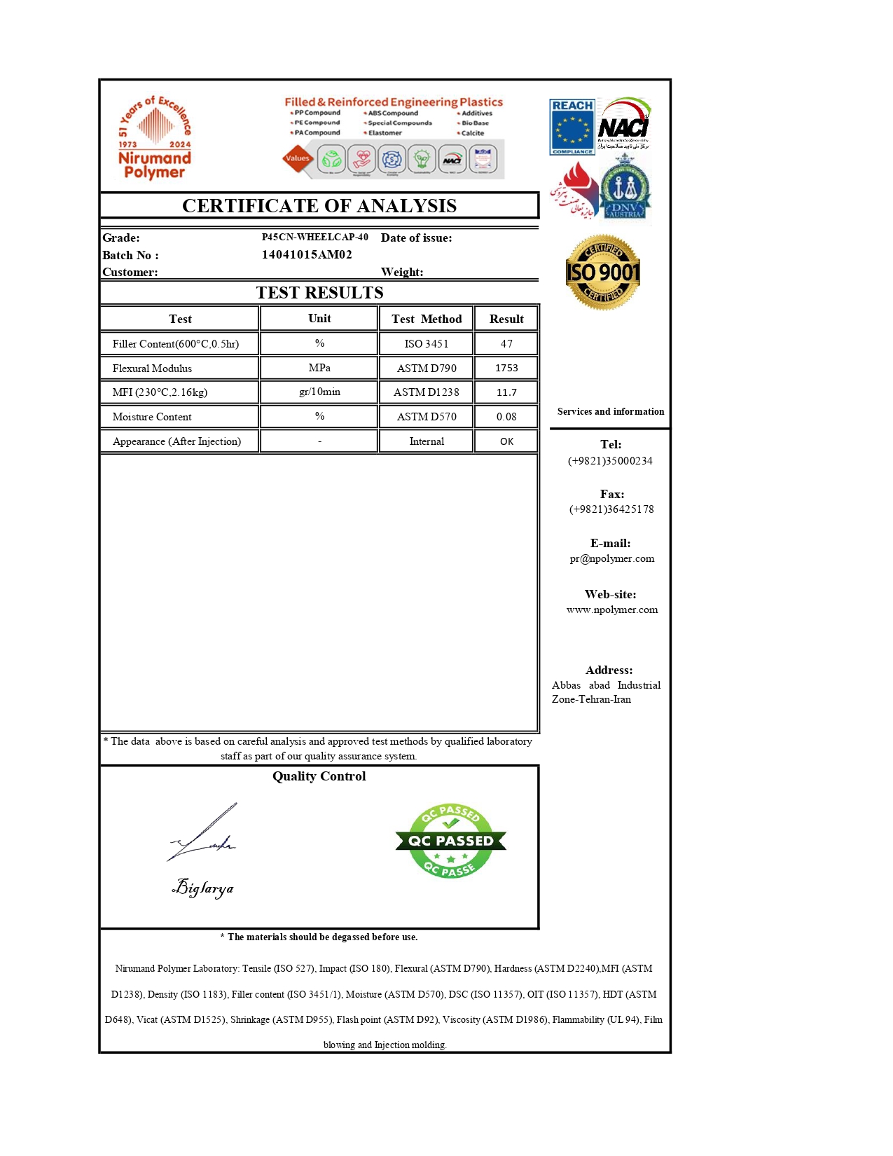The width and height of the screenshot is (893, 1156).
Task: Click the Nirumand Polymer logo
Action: point(154,138)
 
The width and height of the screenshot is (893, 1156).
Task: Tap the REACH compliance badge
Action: point(572,127)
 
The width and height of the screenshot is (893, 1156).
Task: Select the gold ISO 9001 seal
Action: point(603,273)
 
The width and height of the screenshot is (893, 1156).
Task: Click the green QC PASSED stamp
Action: point(450,841)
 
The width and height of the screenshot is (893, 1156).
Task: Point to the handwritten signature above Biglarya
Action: point(204,834)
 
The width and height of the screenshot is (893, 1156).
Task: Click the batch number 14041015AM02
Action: point(307,255)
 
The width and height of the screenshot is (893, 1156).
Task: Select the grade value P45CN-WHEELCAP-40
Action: point(315,238)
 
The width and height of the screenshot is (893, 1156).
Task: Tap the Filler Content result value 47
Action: point(506,344)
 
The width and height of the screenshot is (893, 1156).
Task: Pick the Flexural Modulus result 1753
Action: point(506,369)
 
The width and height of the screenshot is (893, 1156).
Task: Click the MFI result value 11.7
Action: point(506,392)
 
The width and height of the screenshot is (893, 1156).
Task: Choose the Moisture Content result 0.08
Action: point(506,417)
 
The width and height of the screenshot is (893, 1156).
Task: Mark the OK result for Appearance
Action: point(506,441)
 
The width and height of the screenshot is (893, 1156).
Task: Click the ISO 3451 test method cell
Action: point(427,344)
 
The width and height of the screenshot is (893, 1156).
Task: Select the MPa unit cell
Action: point(319,368)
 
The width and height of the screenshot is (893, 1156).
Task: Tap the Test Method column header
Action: point(427,319)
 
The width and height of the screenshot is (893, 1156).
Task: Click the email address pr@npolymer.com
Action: point(611,559)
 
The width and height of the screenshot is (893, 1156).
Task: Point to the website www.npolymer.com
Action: point(612,610)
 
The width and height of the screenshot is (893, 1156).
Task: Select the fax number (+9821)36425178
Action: point(611,509)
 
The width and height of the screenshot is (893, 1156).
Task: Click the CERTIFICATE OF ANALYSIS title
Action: point(319,206)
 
